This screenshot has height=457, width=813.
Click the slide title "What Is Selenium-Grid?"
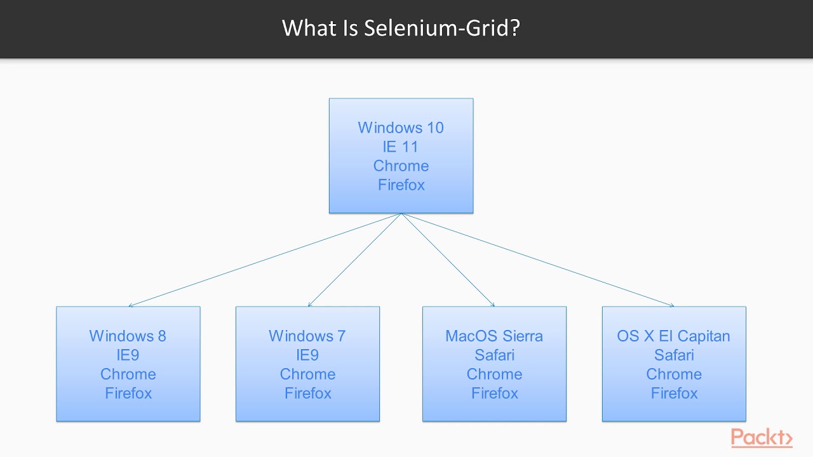tap(401, 29)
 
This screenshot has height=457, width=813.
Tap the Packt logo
tap(762, 438)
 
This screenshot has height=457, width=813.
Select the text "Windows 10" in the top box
tap(401, 128)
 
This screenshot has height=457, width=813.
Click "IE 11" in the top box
tap(401, 147)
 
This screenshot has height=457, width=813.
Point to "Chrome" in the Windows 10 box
tap(401, 166)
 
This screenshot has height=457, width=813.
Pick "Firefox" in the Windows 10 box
tap(401, 185)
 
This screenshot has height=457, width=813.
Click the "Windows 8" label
tap(128, 336)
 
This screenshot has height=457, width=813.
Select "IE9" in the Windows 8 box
tap(128, 355)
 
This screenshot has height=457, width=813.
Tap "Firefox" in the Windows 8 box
tap(128, 393)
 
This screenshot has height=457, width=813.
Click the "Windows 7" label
tap(307, 336)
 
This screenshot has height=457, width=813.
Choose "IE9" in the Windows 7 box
tap(307, 355)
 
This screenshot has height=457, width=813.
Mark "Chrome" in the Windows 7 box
tap(307, 374)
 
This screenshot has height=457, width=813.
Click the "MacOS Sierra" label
tap(494, 336)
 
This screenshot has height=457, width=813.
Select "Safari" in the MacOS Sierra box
tap(494, 355)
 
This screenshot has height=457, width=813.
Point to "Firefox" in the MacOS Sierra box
tap(494, 393)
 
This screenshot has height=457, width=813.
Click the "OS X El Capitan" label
tap(674, 336)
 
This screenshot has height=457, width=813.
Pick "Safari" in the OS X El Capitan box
tap(674, 355)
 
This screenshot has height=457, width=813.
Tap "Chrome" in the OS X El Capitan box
tap(674, 374)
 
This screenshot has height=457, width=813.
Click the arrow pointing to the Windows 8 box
tap(264, 260)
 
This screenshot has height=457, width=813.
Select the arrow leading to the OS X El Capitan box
tap(537, 260)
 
